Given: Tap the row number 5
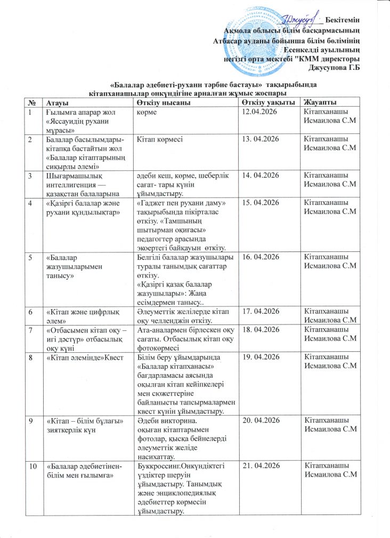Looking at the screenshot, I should (32, 257).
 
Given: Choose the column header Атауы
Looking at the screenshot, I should (57, 102).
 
